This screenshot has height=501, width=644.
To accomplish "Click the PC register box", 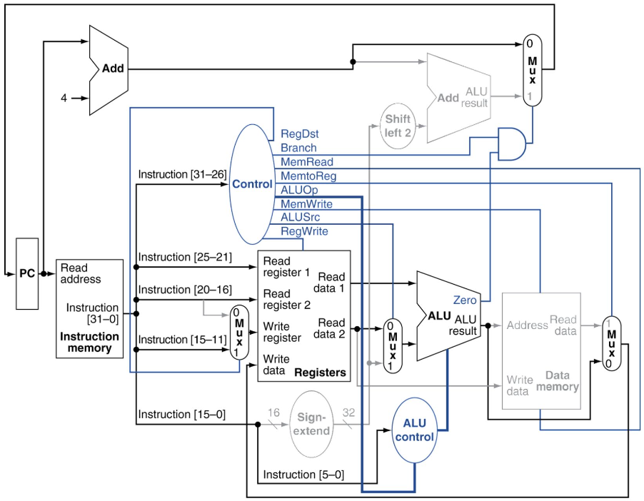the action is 27,273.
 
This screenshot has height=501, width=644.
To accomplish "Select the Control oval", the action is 252,184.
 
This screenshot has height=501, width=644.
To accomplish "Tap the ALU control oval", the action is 414,430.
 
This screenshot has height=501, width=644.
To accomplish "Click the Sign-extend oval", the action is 311,424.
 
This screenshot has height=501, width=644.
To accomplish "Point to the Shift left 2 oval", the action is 398,126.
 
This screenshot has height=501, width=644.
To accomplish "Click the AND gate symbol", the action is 512,143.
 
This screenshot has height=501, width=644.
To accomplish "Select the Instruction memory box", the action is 89,308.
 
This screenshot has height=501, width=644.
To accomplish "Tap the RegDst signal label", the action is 299,134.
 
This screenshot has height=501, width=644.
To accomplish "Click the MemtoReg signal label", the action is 308,176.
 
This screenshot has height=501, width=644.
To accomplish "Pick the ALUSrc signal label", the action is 301,217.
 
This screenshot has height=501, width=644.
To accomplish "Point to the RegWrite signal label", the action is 304,231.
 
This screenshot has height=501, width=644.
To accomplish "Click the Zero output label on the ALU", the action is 465,300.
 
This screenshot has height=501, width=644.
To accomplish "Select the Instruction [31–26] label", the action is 182,175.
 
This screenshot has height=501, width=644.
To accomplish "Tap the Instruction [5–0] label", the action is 303,475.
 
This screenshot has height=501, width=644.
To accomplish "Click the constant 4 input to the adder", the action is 64,98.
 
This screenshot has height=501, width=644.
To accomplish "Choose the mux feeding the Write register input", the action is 239,333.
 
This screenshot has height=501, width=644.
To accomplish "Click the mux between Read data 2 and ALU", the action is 393,345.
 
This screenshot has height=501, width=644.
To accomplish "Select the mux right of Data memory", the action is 612,343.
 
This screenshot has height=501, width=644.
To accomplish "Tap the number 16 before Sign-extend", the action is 273,413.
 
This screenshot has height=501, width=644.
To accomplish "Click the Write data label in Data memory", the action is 520,385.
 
